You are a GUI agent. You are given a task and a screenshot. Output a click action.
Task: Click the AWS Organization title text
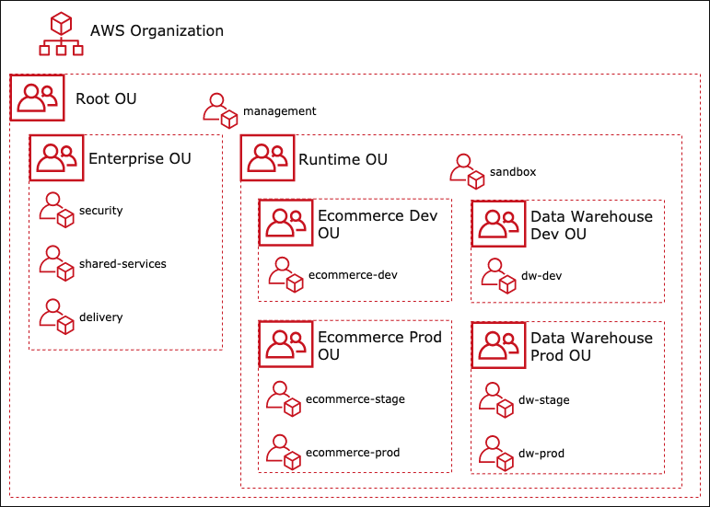coord(157,30)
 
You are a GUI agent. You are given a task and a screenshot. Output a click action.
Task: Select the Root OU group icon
coord(37,98)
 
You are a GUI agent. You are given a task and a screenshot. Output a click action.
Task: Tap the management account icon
coord(220,110)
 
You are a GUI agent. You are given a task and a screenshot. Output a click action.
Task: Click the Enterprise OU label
coord(140,158)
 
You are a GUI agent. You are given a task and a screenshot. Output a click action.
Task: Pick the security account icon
coord(56,210)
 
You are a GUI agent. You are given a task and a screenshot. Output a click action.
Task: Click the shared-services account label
coord(122,264)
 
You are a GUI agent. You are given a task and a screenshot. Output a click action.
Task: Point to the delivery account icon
coord(56,317)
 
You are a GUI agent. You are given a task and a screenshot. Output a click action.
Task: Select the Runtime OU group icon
coord(268,158)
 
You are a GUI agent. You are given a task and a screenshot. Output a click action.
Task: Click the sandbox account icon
coord(467,171)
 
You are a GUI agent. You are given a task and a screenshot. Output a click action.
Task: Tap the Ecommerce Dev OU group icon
coord(285,224)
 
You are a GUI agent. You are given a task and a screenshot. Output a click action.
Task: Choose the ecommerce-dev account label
coord(354,274)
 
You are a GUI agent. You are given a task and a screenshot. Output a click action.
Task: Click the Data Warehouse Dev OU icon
coord(498,224)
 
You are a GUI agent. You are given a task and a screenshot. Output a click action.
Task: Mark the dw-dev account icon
coord(499,275)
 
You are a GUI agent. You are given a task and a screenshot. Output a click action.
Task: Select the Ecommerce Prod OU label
coord(379,346)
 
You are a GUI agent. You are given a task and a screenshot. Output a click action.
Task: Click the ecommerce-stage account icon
coord(285,399)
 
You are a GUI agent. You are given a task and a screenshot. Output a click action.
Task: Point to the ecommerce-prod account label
coord(353,453)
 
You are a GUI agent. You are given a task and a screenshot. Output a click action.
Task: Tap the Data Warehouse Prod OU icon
coord(498,344)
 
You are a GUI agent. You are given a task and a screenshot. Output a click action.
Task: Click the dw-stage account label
coord(544,400)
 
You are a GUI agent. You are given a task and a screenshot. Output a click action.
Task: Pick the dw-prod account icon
coord(498,453)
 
